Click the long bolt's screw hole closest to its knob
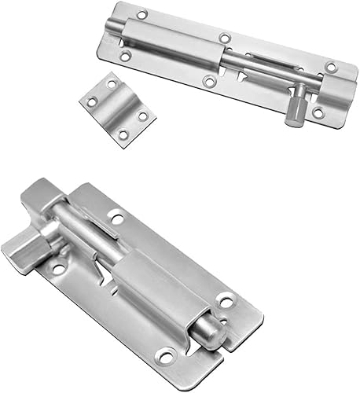[318, 112]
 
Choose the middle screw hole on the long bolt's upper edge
[225, 38]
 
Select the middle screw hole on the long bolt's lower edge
[208, 81]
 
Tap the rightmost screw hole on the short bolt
[226, 299]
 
